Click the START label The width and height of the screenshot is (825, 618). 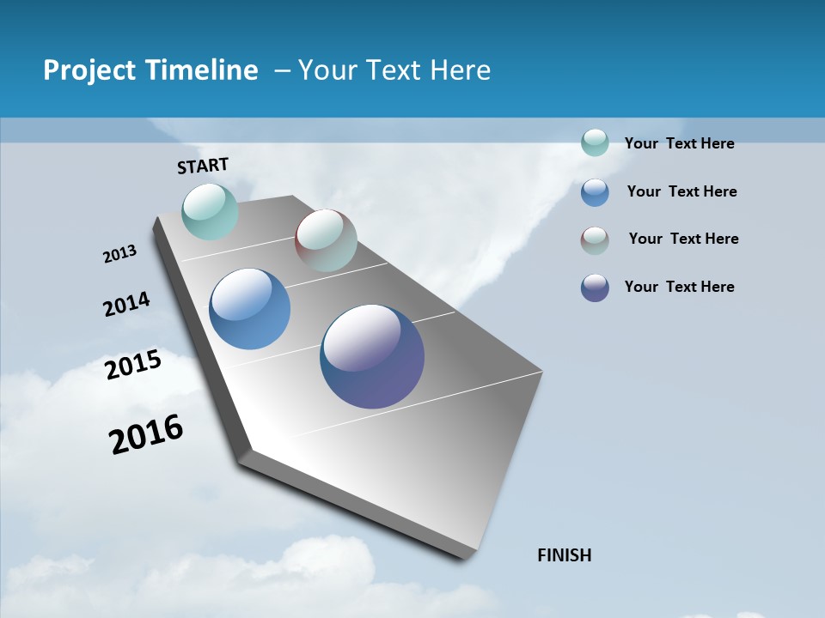(x=203, y=166)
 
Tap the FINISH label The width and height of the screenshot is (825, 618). (x=565, y=555)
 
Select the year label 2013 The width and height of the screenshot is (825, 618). (x=120, y=254)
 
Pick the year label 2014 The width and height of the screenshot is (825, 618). (x=127, y=304)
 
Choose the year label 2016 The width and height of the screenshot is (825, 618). (x=146, y=434)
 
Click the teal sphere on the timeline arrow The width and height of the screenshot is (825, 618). (x=210, y=211)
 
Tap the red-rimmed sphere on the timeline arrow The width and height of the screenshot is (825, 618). (x=326, y=240)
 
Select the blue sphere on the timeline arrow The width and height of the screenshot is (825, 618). (x=249, y=309)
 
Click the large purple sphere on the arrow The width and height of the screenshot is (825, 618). (x=372, y=356)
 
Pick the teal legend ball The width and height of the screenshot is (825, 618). (x=595, y=142)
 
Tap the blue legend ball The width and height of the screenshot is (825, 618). (x=595, y=192)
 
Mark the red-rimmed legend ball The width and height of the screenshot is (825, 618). (x=595, y=240)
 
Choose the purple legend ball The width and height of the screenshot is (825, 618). (x=595, y=288)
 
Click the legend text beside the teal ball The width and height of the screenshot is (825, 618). (x=679, y=143)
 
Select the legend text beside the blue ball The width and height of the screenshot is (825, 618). (x=681, y=191)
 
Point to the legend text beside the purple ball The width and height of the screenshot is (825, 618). (x=679, y=287)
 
